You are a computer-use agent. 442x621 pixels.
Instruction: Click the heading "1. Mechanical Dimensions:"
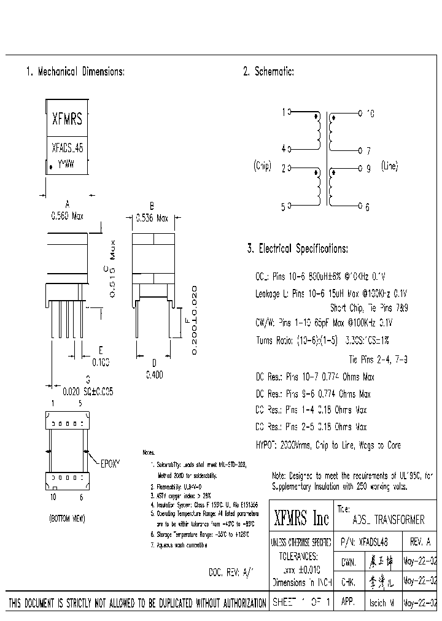coord(75,72)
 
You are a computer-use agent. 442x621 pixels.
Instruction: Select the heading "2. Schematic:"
coord(268,72)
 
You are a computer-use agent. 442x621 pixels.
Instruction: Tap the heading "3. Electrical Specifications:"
coord(297,249)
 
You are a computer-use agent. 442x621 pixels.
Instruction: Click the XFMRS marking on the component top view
coord(67,119)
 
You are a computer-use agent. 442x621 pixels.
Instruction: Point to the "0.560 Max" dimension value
coord(67,216)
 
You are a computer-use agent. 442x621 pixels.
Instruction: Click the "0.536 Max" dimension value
coord(151,217)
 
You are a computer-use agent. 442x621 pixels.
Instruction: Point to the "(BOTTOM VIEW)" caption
coord(67,519)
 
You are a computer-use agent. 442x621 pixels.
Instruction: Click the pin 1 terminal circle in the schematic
coord(290,112)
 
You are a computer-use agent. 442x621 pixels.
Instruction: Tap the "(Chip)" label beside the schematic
coord(262,166)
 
